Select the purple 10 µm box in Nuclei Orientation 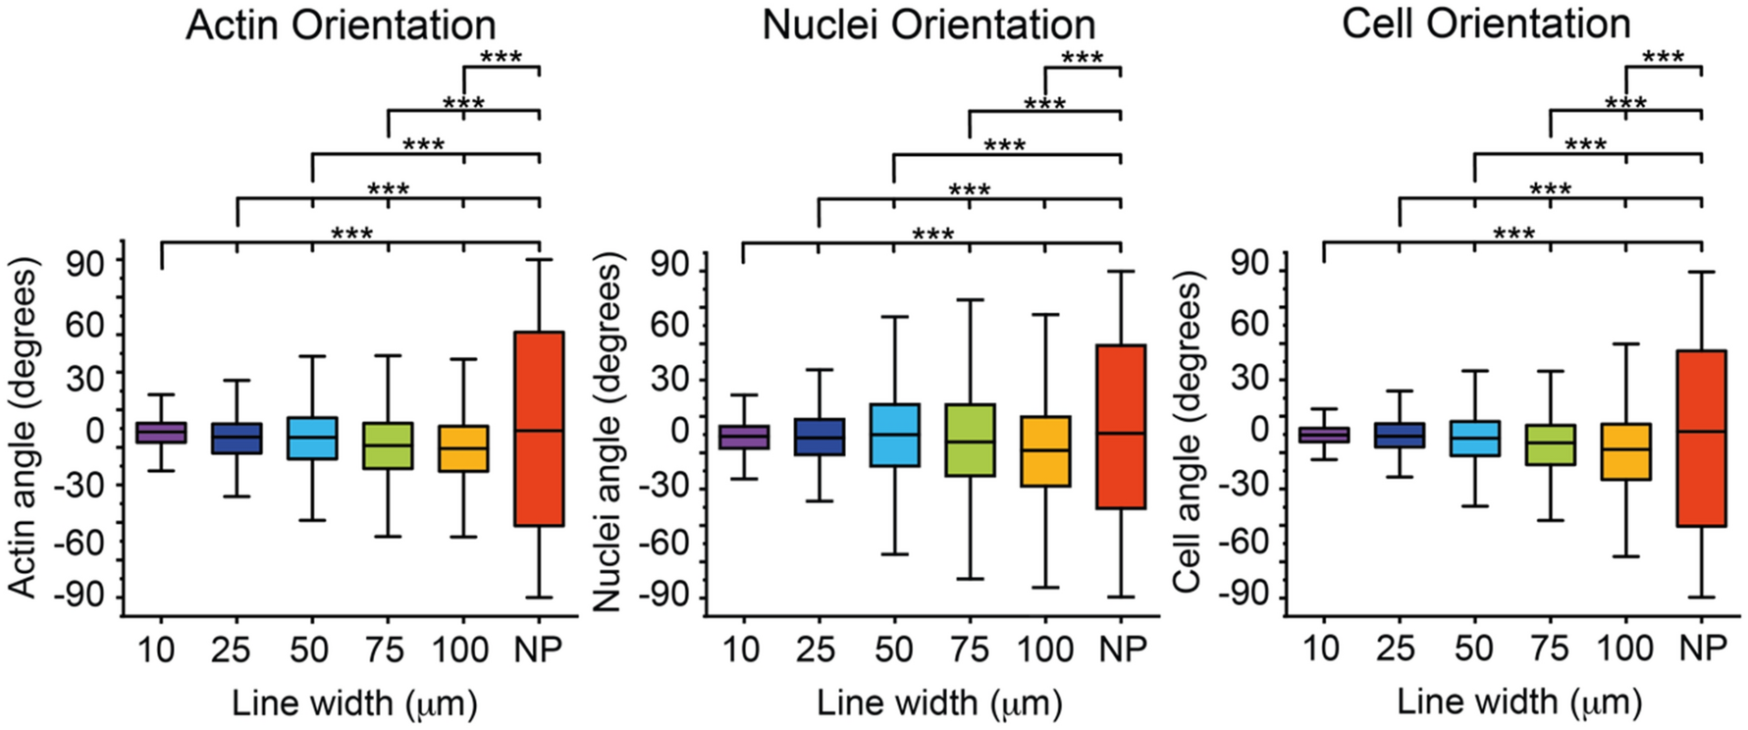click(743, 438)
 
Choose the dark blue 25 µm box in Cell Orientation click(1399, 436)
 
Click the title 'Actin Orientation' click(341, 26)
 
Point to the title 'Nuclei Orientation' click(928, 26)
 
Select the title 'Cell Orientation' click(1486, 24)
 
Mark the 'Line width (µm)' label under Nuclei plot click(938, 703)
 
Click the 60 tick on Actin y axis click(84, 326)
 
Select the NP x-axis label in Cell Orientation click(1702, 649)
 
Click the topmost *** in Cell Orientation click(1663, 58)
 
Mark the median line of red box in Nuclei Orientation click(1120, 433)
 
